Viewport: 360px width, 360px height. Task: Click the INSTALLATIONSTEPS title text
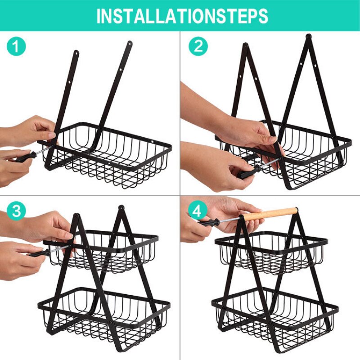(x=182, y=16)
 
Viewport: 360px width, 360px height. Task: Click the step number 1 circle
(x=16, y=46)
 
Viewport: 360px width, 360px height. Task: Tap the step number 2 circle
(x=198, y=46)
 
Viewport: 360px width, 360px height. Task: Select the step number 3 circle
(x=16, y=211)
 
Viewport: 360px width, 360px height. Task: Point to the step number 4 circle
(x=198, y=211)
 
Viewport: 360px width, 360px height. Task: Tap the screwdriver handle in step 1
(x=24, y=157)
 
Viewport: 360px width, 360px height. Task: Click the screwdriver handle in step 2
(x=247, y=172)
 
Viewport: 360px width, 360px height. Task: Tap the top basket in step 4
(x=270, y=250)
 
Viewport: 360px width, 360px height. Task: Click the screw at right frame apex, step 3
(x=121, y=208)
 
